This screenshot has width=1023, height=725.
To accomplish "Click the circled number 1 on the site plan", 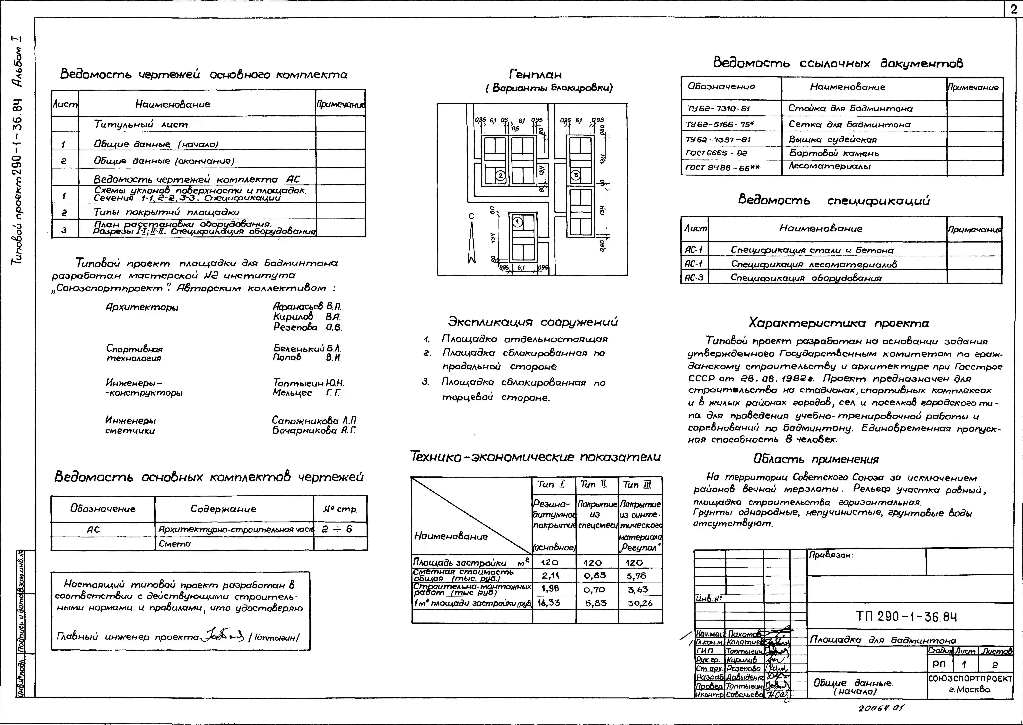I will point(517,222).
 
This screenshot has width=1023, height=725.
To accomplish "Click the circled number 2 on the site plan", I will point(500,176).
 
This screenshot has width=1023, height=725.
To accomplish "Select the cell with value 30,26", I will point(640,603).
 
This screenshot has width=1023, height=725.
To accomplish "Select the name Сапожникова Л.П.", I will point(315,421).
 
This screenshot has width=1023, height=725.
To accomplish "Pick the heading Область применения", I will point(816,459).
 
